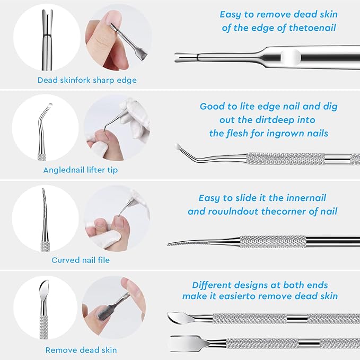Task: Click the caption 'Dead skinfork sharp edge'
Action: (x=87, y=81)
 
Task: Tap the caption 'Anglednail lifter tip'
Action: (x=81, y=170)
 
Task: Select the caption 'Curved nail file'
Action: (x=81, y=260)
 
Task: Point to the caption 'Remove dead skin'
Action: (x=81, y=350)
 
